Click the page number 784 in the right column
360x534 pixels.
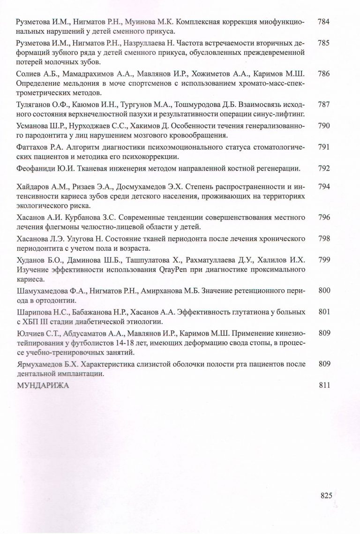(324, 23)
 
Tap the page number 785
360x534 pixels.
(324, 43)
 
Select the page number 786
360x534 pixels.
(324, 74)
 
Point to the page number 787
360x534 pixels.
(324, 104)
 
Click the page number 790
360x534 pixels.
(324, 126)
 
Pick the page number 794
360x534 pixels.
(324, 187)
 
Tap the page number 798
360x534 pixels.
(324, 239)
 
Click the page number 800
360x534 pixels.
(324, 291)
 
